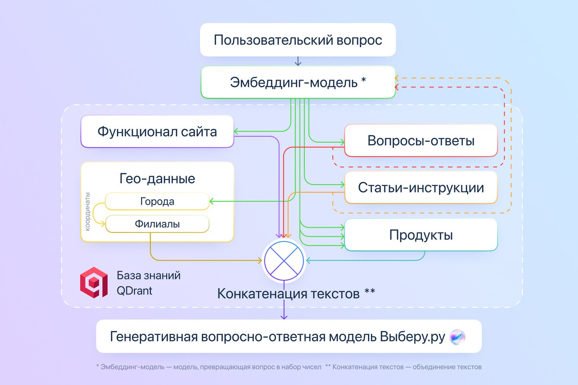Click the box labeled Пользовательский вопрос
point(298,40)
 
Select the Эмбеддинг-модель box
point(298,82)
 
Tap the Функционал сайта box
point(157,131)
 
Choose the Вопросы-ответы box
point(421,141)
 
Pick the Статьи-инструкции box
point(421,188)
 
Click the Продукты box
point(421,235)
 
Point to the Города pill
point(157,201)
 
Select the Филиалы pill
point(157,224)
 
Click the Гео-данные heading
point(157,178)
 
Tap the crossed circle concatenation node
point(284,260)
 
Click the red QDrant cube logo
point(94,282)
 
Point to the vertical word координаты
point(88,211)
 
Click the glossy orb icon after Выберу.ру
point(457,337)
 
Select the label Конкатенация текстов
point(288,294)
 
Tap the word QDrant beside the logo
point(134,291)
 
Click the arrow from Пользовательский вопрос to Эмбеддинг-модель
point(298,61)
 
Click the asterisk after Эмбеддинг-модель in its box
point(363,81)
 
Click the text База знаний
point(148,275)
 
